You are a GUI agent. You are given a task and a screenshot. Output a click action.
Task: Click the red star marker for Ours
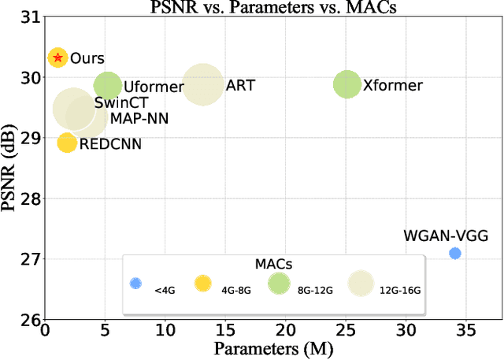(57, 58)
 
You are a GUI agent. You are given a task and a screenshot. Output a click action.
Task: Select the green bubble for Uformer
(107, 86)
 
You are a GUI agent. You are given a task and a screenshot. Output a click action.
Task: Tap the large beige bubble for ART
(202, 84)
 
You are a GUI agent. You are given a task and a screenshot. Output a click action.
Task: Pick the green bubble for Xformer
(346, 84)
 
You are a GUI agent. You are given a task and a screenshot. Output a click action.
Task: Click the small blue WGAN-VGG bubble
(454, 253)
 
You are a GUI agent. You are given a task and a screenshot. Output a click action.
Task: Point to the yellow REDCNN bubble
(67, 143)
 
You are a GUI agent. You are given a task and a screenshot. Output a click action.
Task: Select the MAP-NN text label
(138, 118)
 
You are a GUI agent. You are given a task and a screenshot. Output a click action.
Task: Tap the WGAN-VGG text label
(446, 236)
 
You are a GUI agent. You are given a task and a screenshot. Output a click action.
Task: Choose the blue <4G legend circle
(135, 284)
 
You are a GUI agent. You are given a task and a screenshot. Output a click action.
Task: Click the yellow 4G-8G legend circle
(203, 284)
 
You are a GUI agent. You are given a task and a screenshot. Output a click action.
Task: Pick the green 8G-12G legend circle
(279, 284)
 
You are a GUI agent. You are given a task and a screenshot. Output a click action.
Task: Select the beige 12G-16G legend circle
(361, 284)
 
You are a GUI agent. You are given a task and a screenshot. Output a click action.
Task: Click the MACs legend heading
(274, 263)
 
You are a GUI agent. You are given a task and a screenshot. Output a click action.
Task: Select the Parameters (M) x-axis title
(275, 347)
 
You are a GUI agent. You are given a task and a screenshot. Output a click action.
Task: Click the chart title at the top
(274, 6)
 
